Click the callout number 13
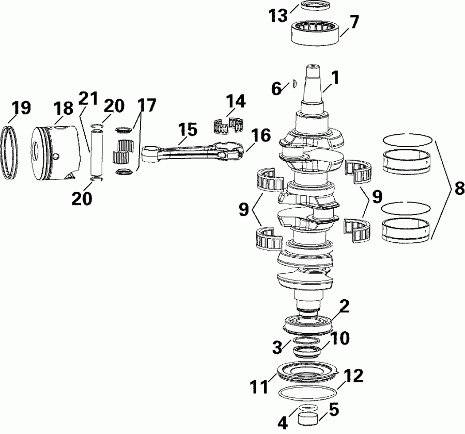pyautogui.click(x=278, y=16)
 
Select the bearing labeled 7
pyautogui.click(x=315, y=32)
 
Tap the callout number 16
pyautogui.click(x=261, y=136)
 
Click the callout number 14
pyautogui.click(x=236, y=101)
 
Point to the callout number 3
pyautogui.click(x=277, y=345)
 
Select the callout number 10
pyautogui.click(x=339, y=338)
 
